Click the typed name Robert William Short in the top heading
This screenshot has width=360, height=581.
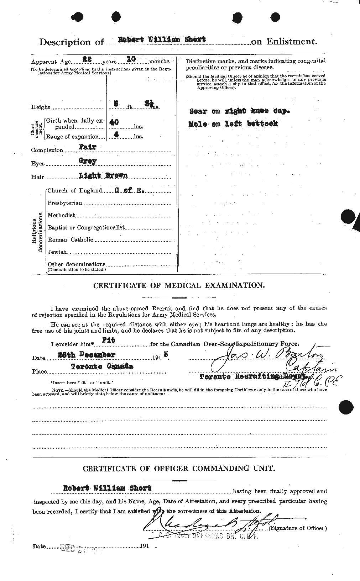point(157,39)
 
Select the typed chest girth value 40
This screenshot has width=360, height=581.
point(114,122)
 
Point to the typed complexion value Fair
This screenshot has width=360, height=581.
point(88,147)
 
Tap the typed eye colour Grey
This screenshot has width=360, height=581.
point(88,161)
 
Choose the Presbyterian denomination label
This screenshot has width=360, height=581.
point(65,203)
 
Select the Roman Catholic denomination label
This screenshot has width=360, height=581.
point(70,239)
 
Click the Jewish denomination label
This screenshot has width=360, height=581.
point(57,252)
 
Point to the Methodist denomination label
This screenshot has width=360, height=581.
point(61,215)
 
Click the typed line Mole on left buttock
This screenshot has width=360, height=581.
point(233,124)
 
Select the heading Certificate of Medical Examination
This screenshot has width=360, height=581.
point(179,285)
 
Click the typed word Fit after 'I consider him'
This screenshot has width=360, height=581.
point(111,340)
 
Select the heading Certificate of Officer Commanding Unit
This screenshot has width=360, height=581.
point(179,469)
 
